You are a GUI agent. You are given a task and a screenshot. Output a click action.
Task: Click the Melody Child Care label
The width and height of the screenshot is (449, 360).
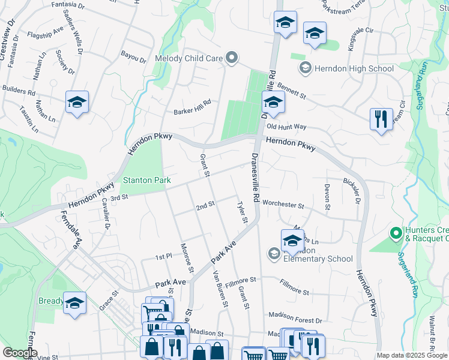click(189, 59)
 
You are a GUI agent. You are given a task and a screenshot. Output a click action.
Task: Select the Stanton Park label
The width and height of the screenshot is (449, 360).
click(147, 180)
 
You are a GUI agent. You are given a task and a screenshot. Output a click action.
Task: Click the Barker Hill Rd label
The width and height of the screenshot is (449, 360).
click(192, 107)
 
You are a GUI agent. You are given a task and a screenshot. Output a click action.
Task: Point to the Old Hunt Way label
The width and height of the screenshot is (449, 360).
click(287, 127)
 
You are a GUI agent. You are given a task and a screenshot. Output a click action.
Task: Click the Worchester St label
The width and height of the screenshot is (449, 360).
click(283, 205)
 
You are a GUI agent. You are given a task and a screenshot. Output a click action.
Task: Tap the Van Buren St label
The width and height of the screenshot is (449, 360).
click(220, 289)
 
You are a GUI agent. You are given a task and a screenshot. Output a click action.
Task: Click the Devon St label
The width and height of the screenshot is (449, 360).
click(328, 197)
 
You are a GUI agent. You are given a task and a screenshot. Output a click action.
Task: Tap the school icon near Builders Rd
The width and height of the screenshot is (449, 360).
click(77, 103)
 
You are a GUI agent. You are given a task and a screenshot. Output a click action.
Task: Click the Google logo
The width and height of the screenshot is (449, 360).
click(20, 353)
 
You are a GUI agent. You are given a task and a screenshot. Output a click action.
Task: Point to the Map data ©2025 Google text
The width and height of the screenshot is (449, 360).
click(411, 355)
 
